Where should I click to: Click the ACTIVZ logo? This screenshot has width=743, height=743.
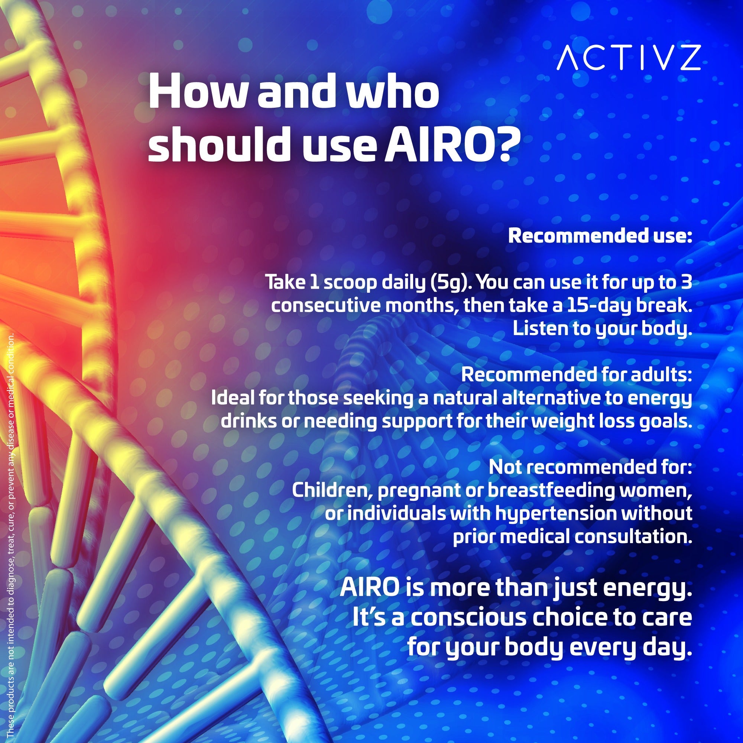(629, 58)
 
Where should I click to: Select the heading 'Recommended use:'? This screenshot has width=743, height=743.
(600, 236)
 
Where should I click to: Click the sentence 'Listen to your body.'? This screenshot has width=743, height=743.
(602, 329)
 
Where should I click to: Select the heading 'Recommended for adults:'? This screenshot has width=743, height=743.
(576, 375)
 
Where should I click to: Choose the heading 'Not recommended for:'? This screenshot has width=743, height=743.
(590, 468)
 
